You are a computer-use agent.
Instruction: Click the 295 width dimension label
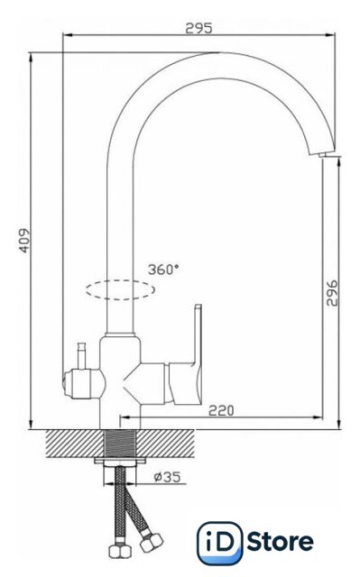pos(198,28)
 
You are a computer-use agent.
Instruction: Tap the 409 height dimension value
pos(24,241)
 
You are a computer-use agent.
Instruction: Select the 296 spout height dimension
pos(332,293)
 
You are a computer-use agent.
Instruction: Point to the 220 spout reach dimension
pos(221,410)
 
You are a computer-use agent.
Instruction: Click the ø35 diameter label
pos(168,477)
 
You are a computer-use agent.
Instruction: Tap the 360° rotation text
pos(163,270)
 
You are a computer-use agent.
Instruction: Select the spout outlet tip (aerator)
pos(328,155)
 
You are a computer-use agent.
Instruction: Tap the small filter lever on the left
pos(82,355)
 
